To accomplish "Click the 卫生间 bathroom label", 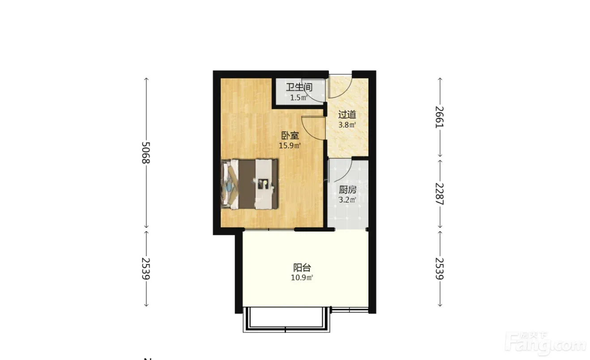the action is (x=299, y=87).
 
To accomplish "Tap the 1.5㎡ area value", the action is (x=299, y=98).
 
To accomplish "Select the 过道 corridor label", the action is (x=347, y=115).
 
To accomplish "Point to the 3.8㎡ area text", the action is (x=347, y=125).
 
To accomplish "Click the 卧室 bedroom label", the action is (x=290, y=136).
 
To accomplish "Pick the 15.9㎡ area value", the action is (x=290, y=146).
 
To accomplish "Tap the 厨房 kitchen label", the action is (x=348, y=190).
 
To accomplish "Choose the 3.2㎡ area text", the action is (x=347, y=200).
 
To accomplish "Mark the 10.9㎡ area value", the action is (x=302, y=278).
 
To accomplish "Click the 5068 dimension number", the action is (x=145, y=153).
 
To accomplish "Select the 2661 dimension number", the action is (x=439, y=117).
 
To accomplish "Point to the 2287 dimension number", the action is (x=439, y=194).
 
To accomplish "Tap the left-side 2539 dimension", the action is (x=145, y=269).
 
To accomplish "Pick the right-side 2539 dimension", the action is (x=439, y=269).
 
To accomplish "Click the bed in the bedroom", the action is (x=250, y=184).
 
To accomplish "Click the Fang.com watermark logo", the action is (x=547, y=344).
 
